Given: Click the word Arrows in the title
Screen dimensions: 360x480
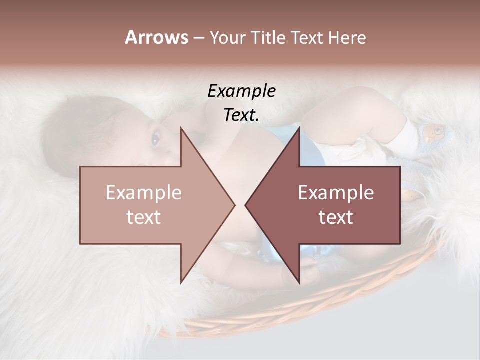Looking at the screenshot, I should (x=156, y=37).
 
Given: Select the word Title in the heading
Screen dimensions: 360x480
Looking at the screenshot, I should (x=271, y=38).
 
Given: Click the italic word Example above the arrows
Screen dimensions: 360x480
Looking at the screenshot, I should (x=241, y=91).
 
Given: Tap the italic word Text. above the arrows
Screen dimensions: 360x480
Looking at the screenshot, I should (x=241, y=115).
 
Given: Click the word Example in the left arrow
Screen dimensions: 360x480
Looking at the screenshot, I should (x=144, y=193).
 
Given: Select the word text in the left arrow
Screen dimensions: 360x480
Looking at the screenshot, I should (x=144, y=217).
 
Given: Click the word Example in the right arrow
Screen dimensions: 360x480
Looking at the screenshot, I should (x=336, y=193).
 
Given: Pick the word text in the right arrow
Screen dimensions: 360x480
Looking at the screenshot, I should (x=336, y=217).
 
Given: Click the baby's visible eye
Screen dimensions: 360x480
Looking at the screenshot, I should (x=155, y=139).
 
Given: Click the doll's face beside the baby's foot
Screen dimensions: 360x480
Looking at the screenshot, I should (x=434, y=132).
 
